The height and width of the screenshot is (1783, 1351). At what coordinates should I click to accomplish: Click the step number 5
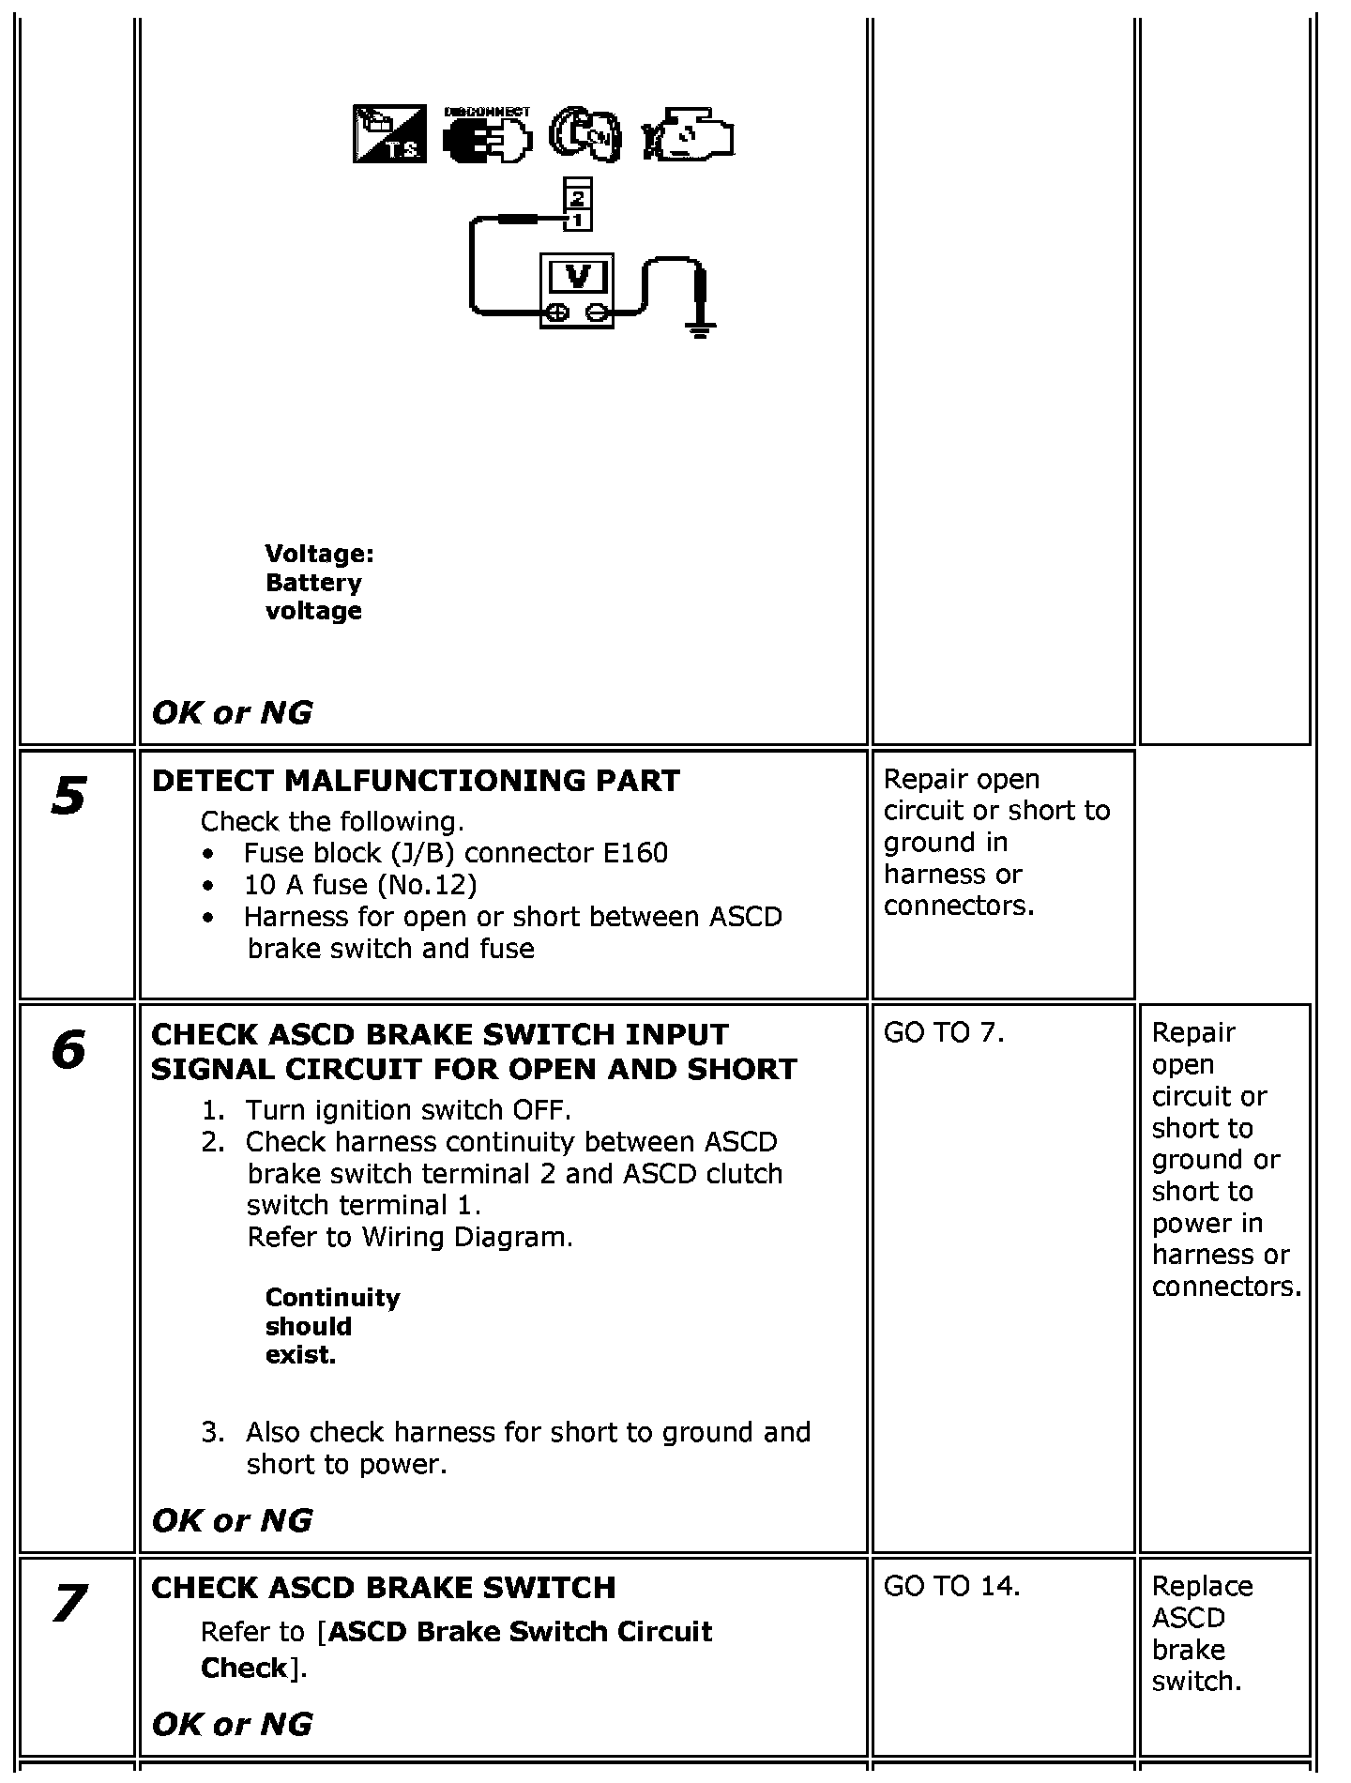(x=68, y=796)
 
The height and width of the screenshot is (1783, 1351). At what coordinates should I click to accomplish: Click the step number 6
(x=68, y=1050)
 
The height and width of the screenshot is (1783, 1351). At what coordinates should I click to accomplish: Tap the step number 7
(x=68, y=1604)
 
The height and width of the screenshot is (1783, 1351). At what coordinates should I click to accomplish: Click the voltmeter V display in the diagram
(x=578, y=277)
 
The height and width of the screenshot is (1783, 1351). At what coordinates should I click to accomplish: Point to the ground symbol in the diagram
(x=698, y=328)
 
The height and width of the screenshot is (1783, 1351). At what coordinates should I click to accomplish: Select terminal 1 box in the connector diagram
(x=577, y=221)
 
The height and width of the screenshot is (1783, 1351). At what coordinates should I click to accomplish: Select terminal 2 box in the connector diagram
(x=577, y=198)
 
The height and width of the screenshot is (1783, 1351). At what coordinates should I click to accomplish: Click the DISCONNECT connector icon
(x=487, y=135)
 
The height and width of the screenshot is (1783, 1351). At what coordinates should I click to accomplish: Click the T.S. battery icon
(x=389, y=134)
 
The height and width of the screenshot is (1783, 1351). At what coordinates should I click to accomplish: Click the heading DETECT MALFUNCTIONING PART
(x=416, y=781)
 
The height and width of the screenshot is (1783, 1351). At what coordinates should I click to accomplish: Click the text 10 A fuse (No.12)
(x=360, y=885)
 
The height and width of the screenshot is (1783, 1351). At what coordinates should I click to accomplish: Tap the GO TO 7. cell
(x=944, y=1033)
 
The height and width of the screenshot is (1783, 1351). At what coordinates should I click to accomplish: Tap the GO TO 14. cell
(x=951, y=1586)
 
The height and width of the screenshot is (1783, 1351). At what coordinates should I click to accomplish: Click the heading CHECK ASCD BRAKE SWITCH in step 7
(x=384, y=1588)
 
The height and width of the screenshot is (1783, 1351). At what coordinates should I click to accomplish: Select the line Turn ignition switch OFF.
(x=408, y=1110)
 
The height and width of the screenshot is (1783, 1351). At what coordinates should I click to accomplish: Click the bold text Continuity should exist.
(x=332, y=1326)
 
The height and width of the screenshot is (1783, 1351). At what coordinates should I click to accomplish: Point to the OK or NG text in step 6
(x=232, y=1520)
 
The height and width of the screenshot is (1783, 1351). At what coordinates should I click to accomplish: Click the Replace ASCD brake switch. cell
(x=1202, y=1634)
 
